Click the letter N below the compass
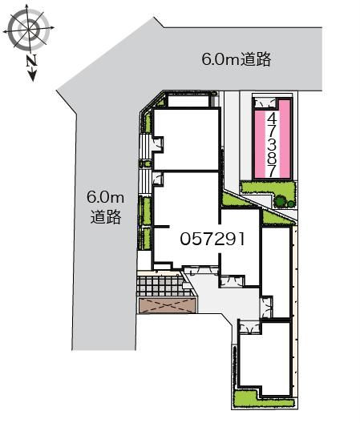pos(30,60)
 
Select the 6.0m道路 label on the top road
pos(236,58)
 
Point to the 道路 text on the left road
pos(105,216)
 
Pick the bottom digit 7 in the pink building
pos(273,171)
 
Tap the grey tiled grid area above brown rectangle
pos(166,285)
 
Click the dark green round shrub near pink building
pos(284,200)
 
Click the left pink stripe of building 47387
pos(261,140)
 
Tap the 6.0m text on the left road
pos(106,196)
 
